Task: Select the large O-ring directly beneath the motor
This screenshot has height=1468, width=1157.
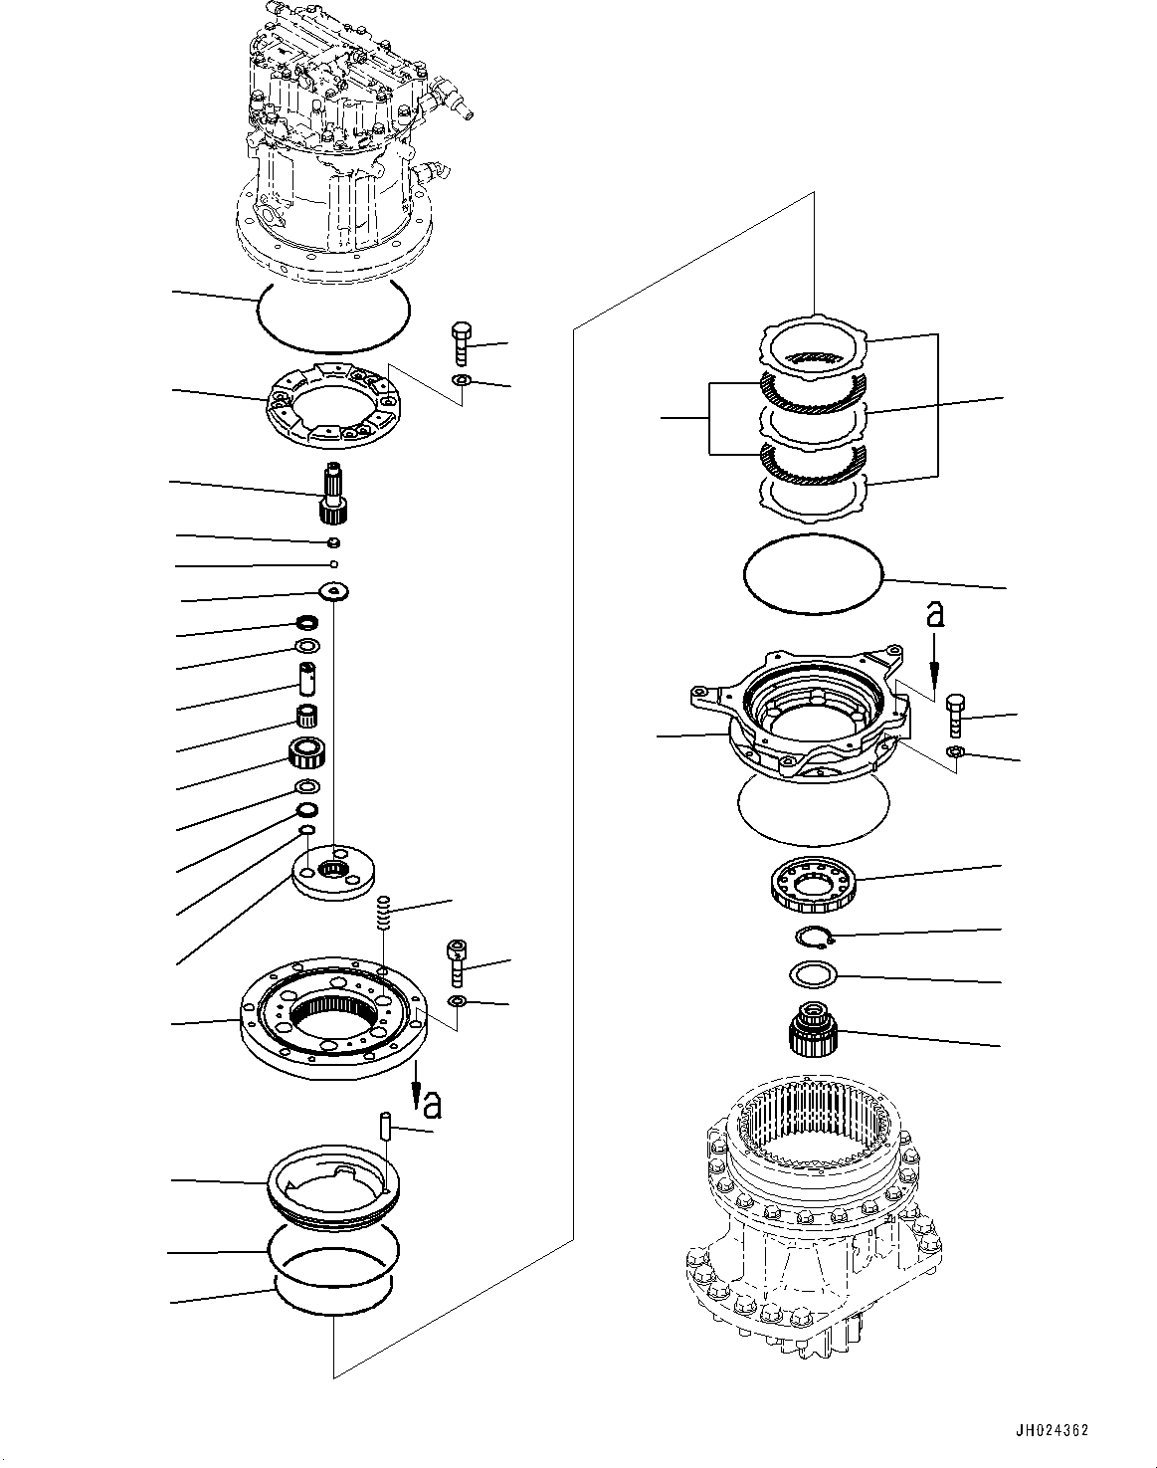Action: (x=332, y=315)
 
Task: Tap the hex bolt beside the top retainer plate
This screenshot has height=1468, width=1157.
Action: (x=461, y=343)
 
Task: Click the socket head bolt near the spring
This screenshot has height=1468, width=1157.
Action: (x=456, y=962)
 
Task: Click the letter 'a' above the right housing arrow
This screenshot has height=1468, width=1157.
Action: (x=933, y=615)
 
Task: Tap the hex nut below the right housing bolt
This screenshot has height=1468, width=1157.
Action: (x=952, y=752)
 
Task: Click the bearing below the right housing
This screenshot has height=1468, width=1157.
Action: (x=813, y=884)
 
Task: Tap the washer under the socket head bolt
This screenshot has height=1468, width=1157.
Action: (x=456, y=1000)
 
